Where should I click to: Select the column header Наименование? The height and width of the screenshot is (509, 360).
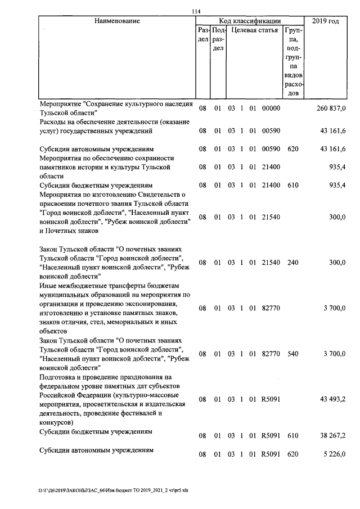coord(117,21)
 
